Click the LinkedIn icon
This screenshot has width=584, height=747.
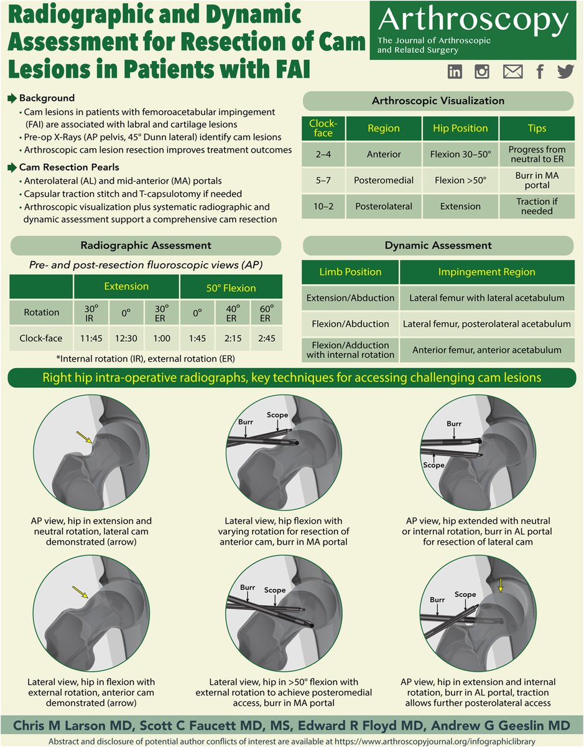click(455, 72)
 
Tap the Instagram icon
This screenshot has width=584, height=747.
click(482, 72)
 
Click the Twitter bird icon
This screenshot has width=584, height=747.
click(565, 72)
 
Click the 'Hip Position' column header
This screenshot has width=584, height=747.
click(455, 128)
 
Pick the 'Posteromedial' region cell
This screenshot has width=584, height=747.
click(383, 181)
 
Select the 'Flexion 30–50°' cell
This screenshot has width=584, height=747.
click(455, 154)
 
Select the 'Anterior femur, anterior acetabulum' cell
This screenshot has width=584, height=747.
click(486, 350)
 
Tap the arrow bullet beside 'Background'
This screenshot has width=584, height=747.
click(12, 98)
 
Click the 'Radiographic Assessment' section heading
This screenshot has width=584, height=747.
click(146, 245)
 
